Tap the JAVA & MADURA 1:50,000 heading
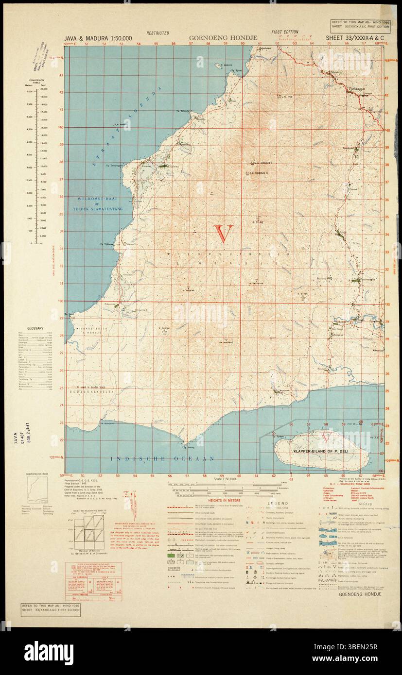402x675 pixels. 97,38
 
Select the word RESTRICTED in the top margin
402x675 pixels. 158,33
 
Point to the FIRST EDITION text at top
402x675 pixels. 285,33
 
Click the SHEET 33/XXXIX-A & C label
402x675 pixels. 350,38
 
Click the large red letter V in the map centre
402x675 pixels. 224,234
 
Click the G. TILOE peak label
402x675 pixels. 257,222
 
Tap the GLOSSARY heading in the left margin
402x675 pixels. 35,329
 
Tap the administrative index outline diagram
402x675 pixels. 37,490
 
